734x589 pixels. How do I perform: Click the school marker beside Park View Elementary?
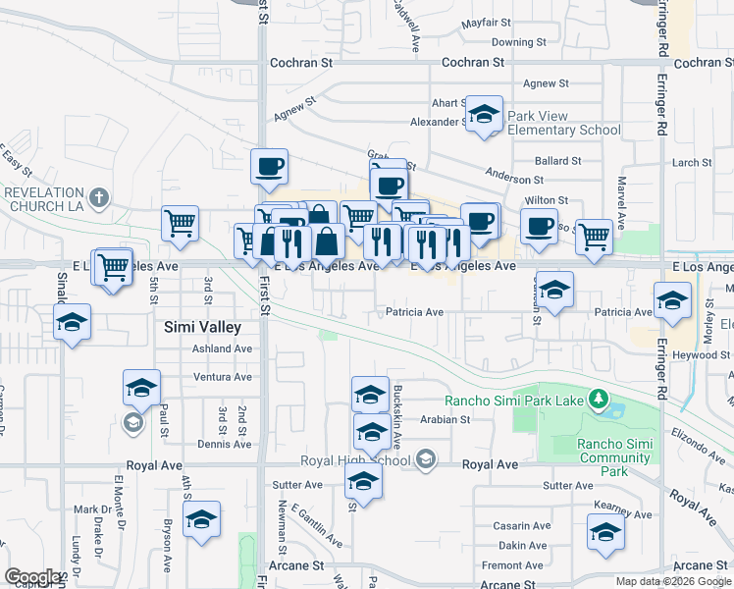[484, 117]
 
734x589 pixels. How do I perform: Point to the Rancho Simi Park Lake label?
[514, 400]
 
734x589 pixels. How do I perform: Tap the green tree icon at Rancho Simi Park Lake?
[597, 399]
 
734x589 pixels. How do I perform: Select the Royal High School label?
[354, 460]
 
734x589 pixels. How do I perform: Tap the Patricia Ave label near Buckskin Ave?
[414, 312]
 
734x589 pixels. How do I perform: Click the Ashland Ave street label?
[222, 348]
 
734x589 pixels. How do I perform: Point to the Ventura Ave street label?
[222, 377]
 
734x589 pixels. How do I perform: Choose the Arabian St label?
[446, 419]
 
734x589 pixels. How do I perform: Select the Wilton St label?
[548, 200]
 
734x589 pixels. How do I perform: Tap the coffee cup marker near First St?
[269, 167]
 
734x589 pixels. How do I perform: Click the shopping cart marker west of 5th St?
[114, 266]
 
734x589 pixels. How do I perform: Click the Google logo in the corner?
[32, 577]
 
